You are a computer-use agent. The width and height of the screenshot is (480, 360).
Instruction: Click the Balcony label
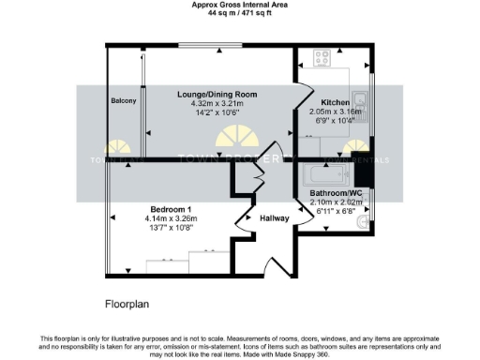pos(124,100)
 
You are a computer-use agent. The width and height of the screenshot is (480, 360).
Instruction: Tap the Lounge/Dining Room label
pos(217,95)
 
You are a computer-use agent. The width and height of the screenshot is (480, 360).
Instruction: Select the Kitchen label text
pos(336,101)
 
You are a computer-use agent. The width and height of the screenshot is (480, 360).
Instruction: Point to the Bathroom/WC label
pos(336,193)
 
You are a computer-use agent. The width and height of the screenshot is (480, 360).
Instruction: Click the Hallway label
pos(276,217)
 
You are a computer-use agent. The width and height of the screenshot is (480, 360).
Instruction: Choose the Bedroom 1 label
pos(171,208)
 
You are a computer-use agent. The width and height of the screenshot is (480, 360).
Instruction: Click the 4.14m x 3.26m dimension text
pos(171,218)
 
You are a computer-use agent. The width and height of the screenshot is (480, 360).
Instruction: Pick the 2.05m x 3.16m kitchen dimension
pos(337,111)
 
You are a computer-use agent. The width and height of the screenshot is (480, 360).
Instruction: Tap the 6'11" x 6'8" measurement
pos(335,211)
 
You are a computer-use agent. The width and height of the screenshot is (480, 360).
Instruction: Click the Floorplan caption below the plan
pos(127,305)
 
